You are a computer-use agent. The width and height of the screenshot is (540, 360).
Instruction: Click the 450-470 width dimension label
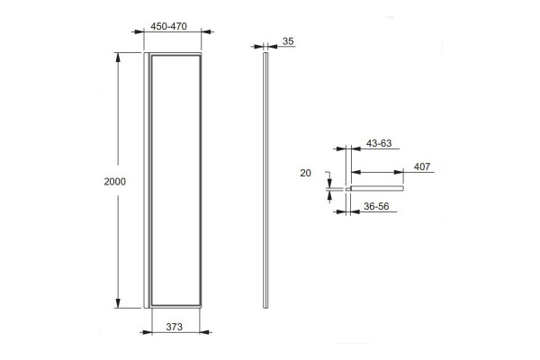[x=169, y=26]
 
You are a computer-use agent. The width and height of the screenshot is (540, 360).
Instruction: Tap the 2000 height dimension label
[x=115, y=182]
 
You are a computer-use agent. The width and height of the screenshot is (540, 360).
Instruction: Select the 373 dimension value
[x=175, y=327]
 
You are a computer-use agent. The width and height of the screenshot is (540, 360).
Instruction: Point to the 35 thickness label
[x=288, y=41]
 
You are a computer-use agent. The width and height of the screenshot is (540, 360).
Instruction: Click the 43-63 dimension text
[x=379, y=143]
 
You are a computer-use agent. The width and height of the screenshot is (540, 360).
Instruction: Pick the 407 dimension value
[x=422, y=166]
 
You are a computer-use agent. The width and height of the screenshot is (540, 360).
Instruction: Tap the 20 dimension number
[x=305, y=173]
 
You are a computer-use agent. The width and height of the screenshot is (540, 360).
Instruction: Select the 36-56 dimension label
[x=376, y=206]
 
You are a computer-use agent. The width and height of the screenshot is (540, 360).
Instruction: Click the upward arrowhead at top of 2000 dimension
[x=118, y=58]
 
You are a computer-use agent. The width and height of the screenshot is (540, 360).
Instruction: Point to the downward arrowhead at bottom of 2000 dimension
[x=118, y=303]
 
